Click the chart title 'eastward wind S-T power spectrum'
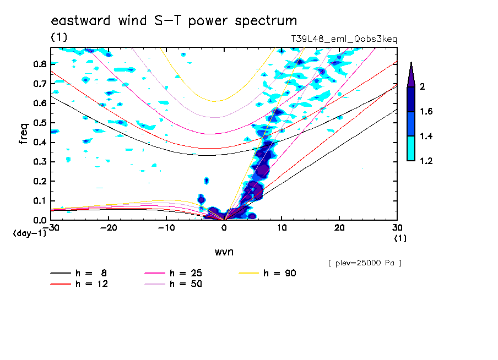[x=174, y=21]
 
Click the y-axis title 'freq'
[x=24, y=134]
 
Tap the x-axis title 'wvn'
[x=224, y=252]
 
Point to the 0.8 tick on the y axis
[x=40, y=64]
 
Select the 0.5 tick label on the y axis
[x=40, y=123]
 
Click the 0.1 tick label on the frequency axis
[x=40, y=201]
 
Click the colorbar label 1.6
[x=426, y=112]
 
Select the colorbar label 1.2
[x=426, y=161]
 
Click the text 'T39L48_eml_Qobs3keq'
[x=344, y=40]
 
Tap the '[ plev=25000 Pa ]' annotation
[x=365, y=263]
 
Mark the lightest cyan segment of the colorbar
[x=411, y=148]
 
